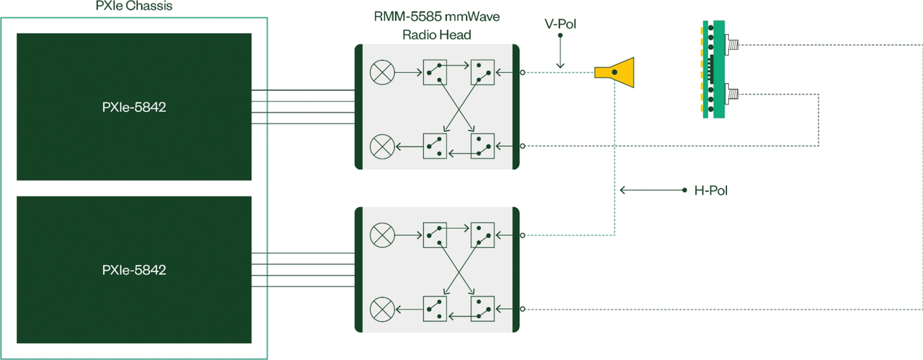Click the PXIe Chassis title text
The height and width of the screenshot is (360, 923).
pyautogui.click(x=134, y=6)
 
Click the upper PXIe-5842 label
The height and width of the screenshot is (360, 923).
pyautogui.click(x=134, y=107)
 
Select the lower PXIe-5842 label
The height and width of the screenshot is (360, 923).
pyautogui.click(x=134, y=270)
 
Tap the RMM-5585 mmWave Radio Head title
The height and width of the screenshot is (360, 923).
pyautogui.click(x=437, y=25)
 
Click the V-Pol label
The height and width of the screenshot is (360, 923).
pyautogui.click(x=560, y=24)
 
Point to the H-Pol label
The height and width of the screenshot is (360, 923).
pyautogui.click(x=711, y=190)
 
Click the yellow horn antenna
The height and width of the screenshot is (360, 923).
pyautogui.click(x=614, y=73)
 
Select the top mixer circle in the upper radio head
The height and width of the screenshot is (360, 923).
pyautogui.click(x=382, y=73)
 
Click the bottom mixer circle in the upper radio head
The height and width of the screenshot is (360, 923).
pyautogui.click(x=382, y=146)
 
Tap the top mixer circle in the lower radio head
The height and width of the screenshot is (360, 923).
pyautogui.click(x=382, y=235)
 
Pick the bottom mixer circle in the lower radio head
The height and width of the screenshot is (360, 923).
pyautogui.click(x=382, y=309)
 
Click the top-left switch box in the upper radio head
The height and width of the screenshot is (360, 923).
pyautogui.click(x=435, y=73)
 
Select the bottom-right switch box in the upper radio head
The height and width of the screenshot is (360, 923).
pyautogui.click(x=482, y=146)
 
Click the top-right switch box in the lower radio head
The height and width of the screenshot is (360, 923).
pyautogui.click(x=482, y=235)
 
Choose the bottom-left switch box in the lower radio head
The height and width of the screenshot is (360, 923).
pyautogui.click(x=435, y=309)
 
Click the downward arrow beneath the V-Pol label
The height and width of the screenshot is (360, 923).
pyautogui.click(x=560, y=51)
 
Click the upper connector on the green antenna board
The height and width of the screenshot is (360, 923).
pyautogui.click(x=731, y=44)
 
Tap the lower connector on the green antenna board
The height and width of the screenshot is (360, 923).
pyautogui.click(x=731, y=95)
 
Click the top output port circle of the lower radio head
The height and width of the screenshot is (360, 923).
pyautogui.click(x=523, y=235)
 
